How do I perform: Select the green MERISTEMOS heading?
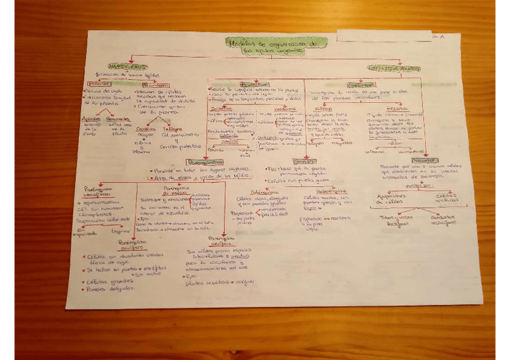coord(127,66)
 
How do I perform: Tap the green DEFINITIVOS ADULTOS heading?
coord(394,69)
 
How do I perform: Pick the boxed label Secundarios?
coord(156,85)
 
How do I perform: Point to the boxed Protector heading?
coord(255,85)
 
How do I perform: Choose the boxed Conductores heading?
coord(345,85)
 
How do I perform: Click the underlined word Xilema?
coord(324,108)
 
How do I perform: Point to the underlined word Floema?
coord(384,109)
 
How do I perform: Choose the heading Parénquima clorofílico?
coord(97,191)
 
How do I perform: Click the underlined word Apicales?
coord(91,119)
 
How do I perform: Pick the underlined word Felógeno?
coord(172,129)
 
